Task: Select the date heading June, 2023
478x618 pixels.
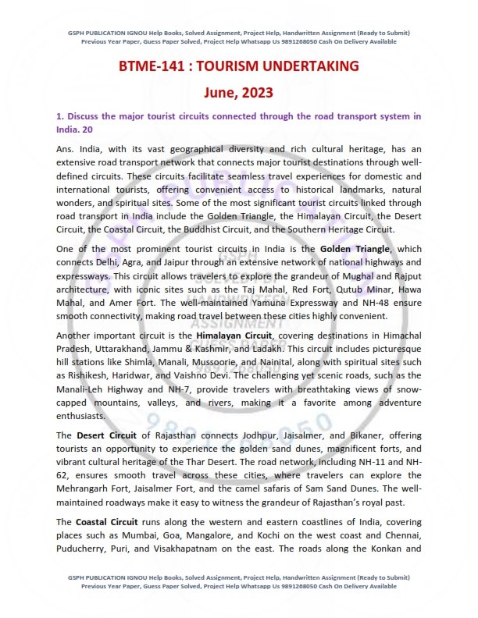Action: point(239,93)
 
